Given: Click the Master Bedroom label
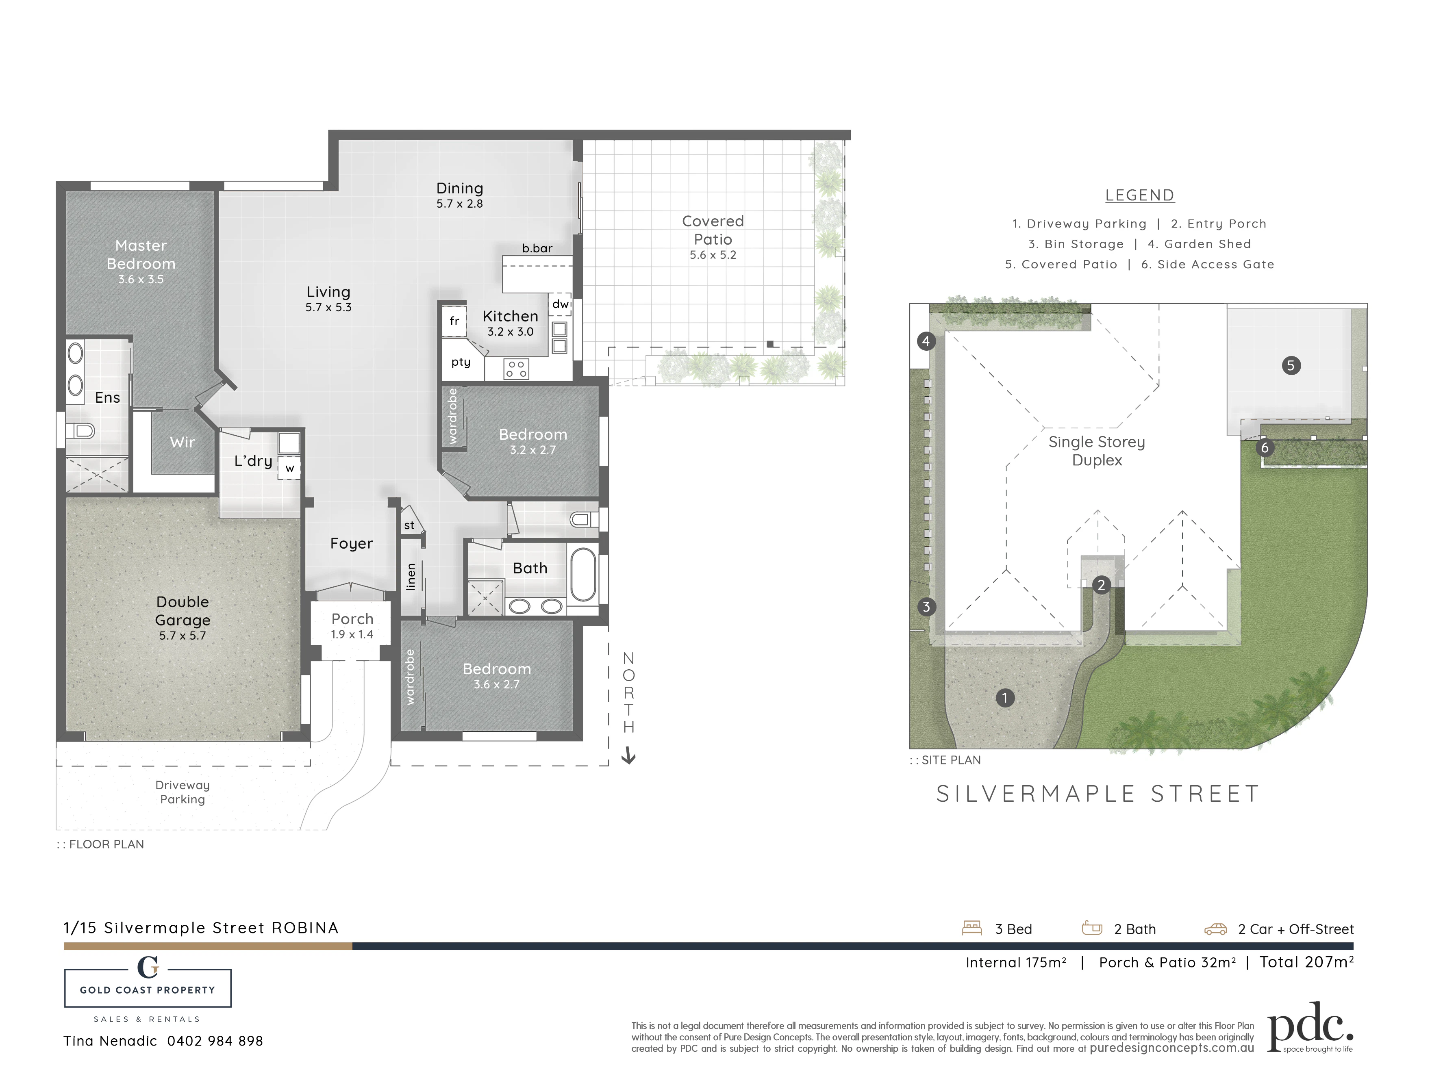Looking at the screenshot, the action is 141,255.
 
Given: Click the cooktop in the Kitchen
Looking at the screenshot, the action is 516,369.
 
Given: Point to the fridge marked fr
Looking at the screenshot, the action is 454,321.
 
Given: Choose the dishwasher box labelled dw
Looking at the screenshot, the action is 560,304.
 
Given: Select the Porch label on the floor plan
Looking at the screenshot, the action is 352,619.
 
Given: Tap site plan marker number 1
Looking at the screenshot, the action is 1005,698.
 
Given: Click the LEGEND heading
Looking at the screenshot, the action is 1140,195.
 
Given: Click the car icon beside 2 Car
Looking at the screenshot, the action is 1215,930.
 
